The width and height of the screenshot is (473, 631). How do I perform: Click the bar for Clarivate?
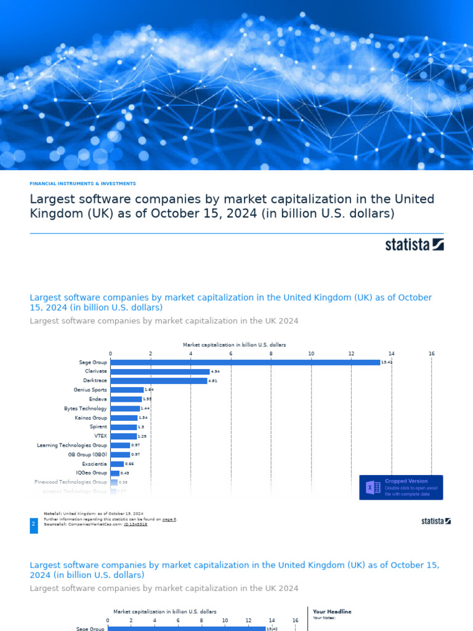(160, 372)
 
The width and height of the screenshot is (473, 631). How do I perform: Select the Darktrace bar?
(159, 381)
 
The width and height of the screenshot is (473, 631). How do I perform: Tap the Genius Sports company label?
(91, 390)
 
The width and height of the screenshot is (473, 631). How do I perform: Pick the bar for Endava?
(126, 399)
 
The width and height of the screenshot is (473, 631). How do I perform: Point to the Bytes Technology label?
(86, 409)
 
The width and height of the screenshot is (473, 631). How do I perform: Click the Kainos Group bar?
(124, 418)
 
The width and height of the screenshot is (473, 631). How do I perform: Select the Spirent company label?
(99, 426)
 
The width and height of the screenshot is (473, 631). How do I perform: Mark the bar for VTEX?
(123, 436)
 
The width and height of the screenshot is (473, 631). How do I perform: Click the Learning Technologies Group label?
(72, 445)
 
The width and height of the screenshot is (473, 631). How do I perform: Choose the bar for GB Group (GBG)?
(120, 454)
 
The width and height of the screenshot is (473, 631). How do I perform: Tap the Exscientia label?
(94, 463)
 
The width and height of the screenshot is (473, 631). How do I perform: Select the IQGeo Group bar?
(115, 473)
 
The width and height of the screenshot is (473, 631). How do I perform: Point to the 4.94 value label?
(215, 372)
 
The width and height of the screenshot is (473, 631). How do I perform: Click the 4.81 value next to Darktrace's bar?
(212, 381)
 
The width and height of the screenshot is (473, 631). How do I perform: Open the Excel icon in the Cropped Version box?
(373, 487)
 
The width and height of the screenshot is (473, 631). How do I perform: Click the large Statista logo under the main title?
(414, 245)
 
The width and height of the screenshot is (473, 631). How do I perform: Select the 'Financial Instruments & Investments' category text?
(83, 184)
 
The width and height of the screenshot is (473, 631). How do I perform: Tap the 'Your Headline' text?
(332, 611)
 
